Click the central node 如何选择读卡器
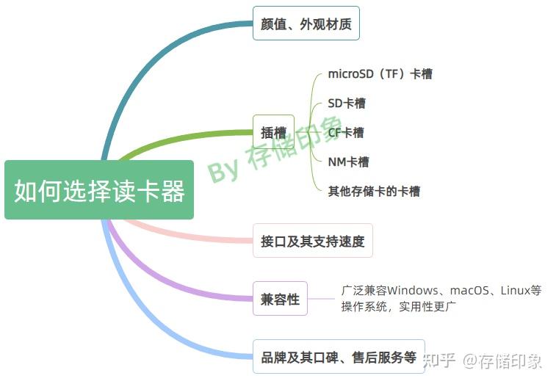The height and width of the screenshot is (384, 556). click(x=99, y=190)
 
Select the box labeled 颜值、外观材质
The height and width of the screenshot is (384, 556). click(x=306, y=24)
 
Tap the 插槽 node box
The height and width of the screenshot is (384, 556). click(x=273, y=133)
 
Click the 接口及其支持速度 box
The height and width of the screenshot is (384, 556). click(x=312, y=241)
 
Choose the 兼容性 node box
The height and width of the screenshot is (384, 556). click(x=280, y=299)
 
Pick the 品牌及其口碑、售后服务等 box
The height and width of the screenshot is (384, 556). click(x=338, y=358)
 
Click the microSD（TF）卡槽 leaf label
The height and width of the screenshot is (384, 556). click(x=380, y=73)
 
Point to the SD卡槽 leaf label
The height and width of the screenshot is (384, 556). click(x=346, y=103)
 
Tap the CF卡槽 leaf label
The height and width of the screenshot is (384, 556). click(x=345, y=133)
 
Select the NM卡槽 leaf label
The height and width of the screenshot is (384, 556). click(x=347, y=162)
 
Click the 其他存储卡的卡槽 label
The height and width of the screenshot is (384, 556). click(x=373, y=192)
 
